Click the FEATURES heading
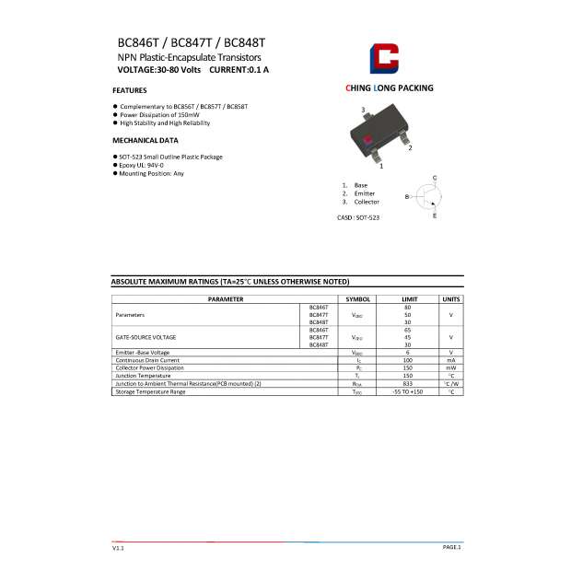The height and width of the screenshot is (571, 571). pos(130,91)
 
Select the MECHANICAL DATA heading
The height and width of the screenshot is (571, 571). pos(146,141)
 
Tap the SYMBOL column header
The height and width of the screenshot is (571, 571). pos(357,299)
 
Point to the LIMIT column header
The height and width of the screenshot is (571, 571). pos(407,299)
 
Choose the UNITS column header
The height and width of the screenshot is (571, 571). pos(451,299)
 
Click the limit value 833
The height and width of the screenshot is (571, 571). pos(407,383)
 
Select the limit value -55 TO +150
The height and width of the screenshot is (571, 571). pos(407,391)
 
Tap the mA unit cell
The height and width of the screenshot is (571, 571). pos(451,360)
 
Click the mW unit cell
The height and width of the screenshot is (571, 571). pos(451,367)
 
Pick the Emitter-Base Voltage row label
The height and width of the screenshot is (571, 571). pos(143,352)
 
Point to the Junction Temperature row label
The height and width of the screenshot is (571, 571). pos(143,376)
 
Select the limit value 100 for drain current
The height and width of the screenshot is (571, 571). pos(407,360)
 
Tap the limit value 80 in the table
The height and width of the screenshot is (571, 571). pos(407,307)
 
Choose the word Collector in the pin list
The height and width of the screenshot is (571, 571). pos(367,202)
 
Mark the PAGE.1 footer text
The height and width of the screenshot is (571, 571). pos(451,547)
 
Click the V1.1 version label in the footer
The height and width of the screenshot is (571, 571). pos(118,548)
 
